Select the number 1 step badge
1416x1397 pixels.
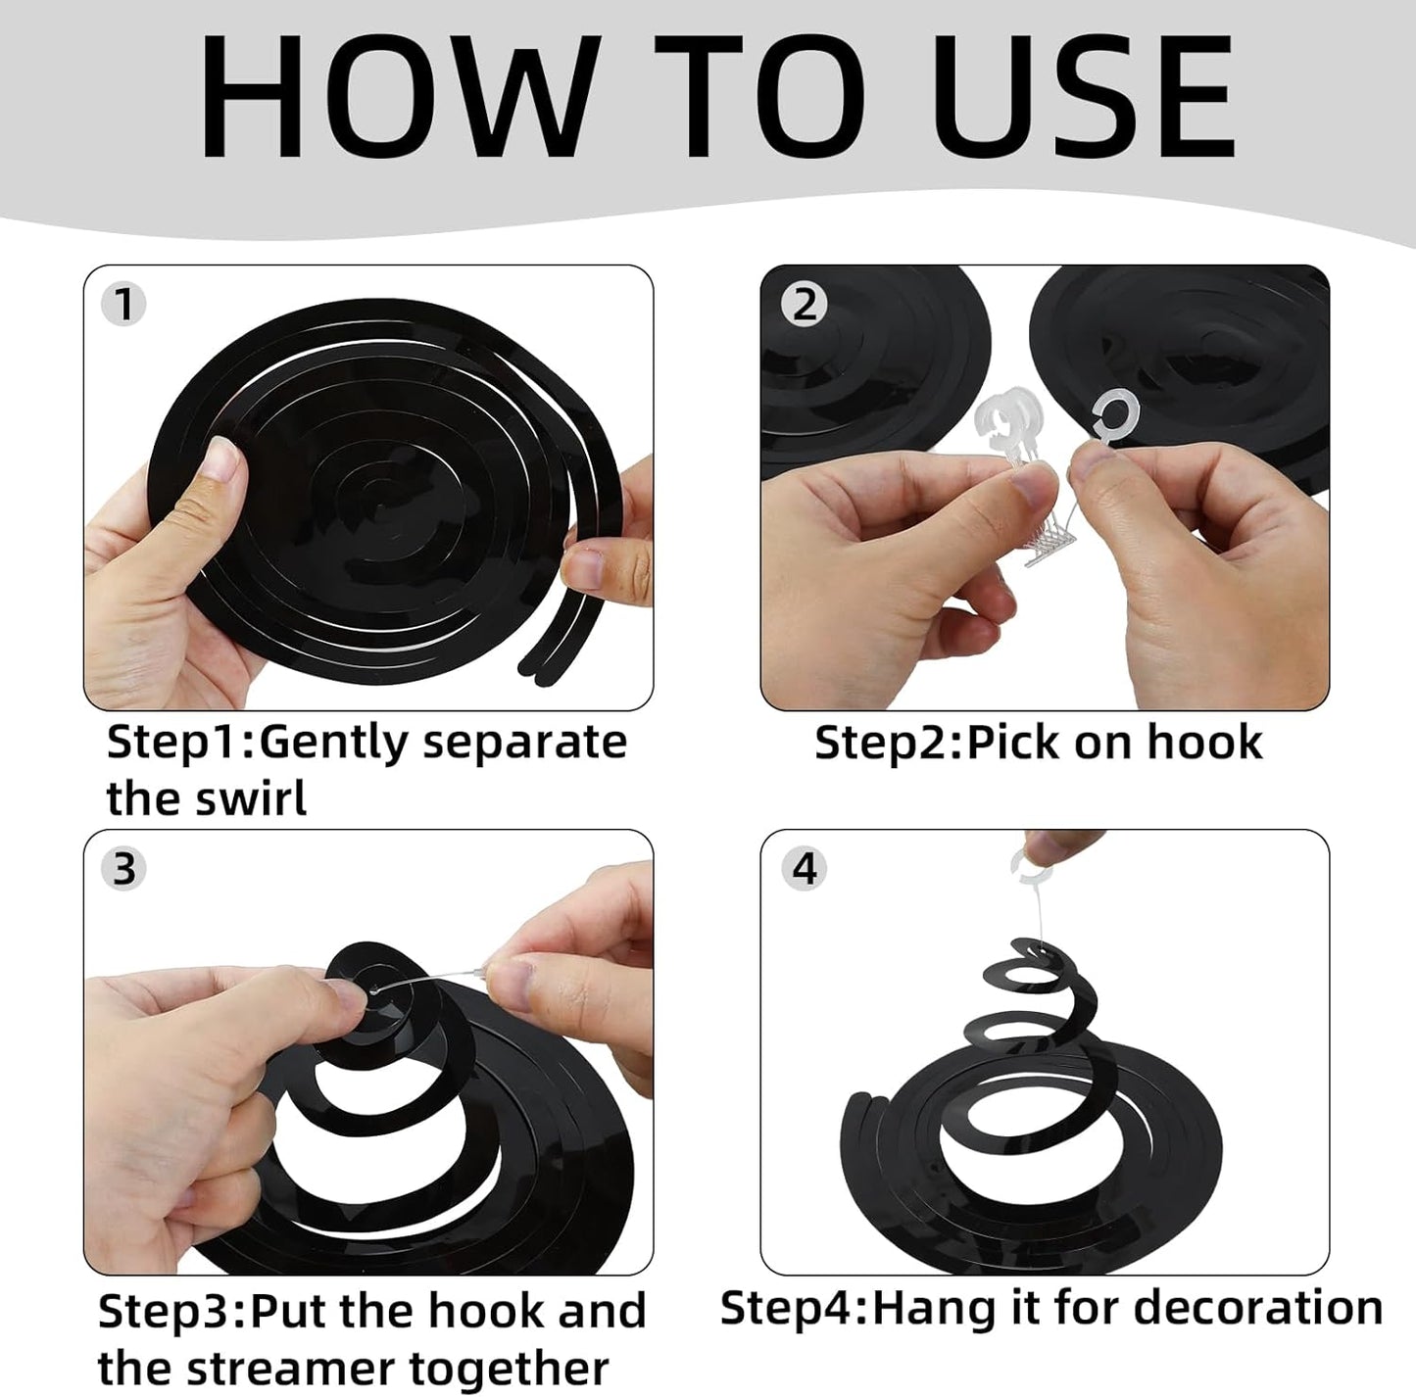(x=123, y=304)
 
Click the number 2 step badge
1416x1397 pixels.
(x=805, y=304)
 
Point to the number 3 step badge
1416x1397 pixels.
(x=123, y=868)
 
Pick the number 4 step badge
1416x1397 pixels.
(x=805, y=868)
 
